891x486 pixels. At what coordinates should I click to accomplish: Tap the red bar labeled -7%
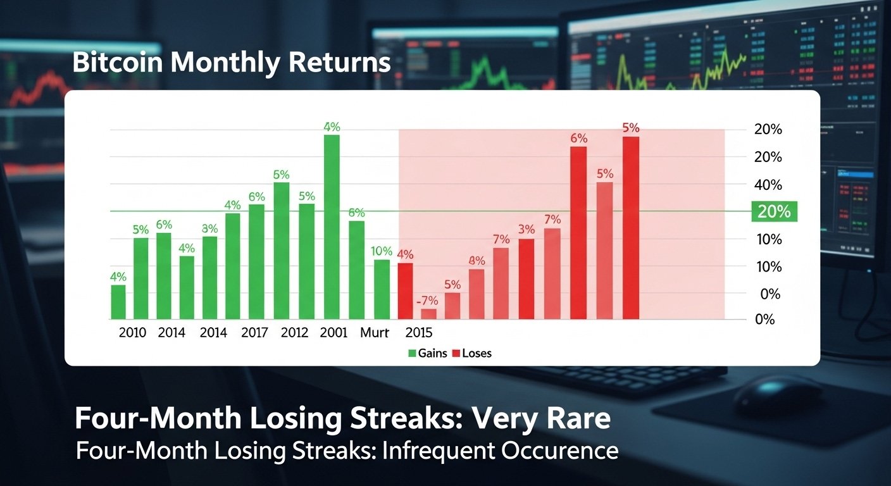[429, 313]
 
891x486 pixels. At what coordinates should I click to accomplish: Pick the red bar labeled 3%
[526, 278]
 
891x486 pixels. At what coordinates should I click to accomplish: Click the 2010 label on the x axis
[132, 333]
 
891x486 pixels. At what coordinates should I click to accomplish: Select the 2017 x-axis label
[255, 333]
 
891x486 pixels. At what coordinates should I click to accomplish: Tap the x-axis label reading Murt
[375, 333]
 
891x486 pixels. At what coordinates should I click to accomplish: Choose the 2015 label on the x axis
[418, 333]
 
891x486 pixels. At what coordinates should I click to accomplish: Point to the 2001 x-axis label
[333, 333]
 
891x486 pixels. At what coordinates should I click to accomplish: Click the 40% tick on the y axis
[769, 185]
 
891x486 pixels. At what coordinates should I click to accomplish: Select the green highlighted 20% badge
[773, 212]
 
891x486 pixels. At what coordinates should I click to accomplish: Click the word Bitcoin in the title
[117, 64]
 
